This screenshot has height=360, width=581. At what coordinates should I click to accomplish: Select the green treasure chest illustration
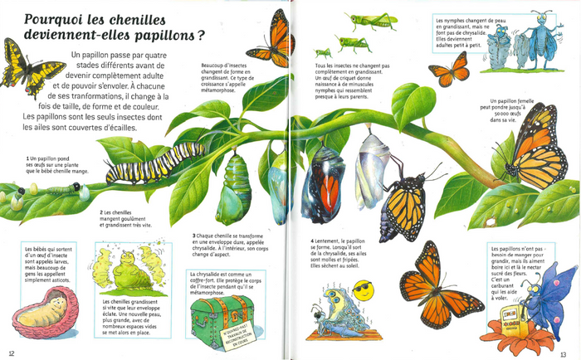click(222, 314)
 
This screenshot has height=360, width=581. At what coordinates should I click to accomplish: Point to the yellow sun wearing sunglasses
click(362, 290)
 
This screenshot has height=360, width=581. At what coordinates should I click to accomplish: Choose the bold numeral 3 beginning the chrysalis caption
click(194, 235)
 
